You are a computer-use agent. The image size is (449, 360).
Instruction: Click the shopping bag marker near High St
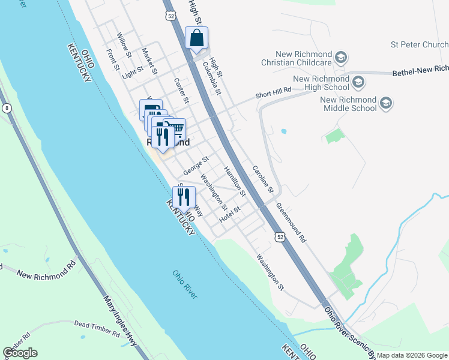[196, 38]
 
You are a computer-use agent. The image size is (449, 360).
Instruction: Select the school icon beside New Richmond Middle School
[385, 104]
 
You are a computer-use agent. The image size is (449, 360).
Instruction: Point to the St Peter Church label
[419, 44]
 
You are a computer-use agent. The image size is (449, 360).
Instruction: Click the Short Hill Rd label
[273, 91]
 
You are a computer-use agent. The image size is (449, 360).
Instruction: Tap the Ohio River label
[185, 284]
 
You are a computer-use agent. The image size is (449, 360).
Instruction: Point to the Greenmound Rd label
[291, 221]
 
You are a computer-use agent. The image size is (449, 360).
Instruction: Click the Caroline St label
[262, 179]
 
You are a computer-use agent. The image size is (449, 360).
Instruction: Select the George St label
[196, 166]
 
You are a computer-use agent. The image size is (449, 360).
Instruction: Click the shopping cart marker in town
[175, 128]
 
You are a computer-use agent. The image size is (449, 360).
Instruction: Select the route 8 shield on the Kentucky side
[6, 108]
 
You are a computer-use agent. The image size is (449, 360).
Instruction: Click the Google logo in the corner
[20, 353]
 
